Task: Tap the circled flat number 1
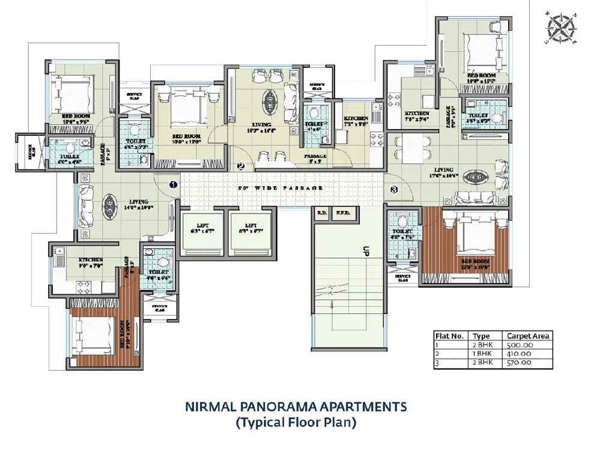click(172, 184)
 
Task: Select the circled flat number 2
click(240, 166)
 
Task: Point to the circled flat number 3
click(394, 190)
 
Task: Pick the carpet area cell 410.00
click(520, 354)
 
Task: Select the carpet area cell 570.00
click(520, 362)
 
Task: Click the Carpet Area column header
click(528, 336)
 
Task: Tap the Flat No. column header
click(449, 336)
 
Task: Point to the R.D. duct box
click(321, 212)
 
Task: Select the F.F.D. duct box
click(344, 212)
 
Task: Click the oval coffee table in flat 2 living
click(270, 99)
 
